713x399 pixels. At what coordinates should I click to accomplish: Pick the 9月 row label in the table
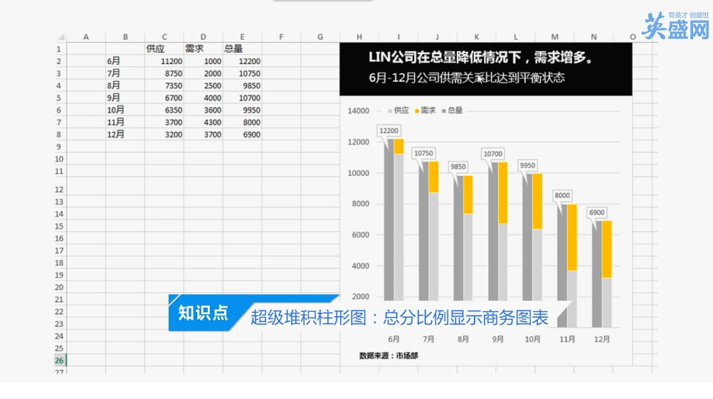click(114, 98)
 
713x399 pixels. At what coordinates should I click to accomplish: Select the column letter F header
click(281, 37)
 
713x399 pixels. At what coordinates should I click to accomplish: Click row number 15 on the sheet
click(59, 227)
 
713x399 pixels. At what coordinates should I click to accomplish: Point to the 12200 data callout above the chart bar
click(389, 130)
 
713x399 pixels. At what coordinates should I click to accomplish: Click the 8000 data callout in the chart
click(562, 195)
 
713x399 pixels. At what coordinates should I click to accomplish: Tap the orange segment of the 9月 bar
click(502, 192)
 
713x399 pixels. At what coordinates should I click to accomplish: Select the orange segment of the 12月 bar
click(606, 249)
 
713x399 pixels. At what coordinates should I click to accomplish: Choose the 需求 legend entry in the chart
click(425, 110)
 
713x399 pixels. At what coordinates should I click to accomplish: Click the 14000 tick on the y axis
click(359, 110)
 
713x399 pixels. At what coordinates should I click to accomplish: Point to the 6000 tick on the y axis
click(360, 235)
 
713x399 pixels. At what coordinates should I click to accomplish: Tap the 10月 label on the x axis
click(532, 339)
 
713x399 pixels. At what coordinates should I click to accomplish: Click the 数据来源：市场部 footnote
click(389, 356)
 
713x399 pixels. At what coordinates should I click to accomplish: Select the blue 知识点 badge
click(203, 313)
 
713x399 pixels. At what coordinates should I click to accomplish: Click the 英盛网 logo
click(676, 26)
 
